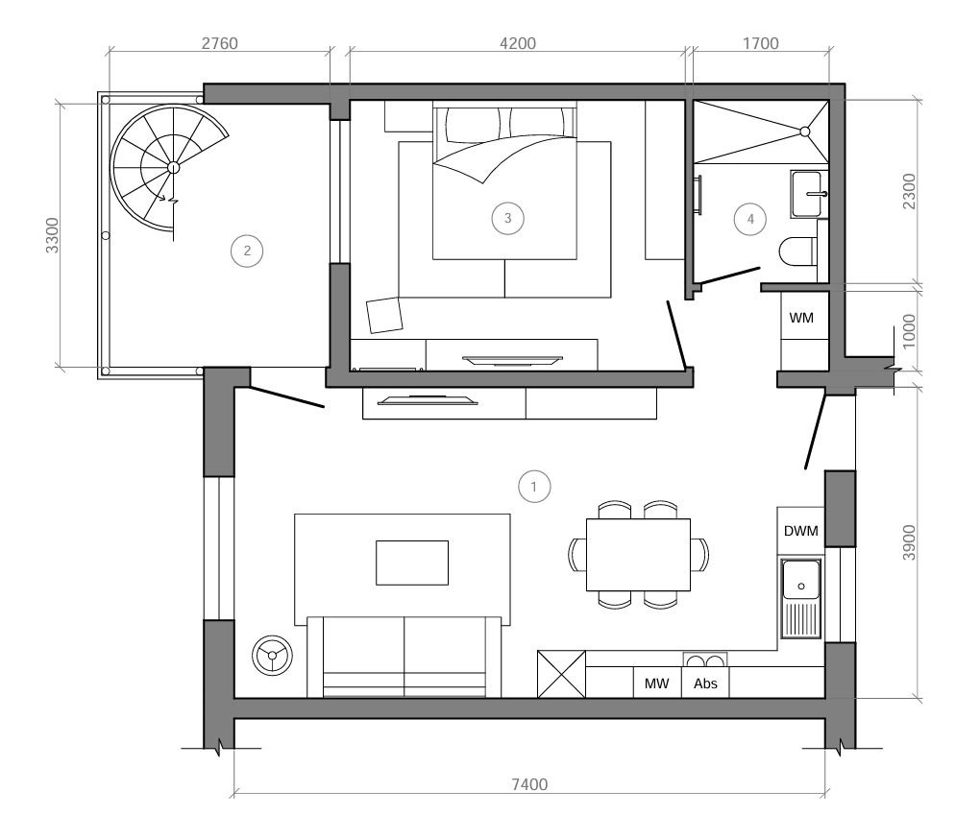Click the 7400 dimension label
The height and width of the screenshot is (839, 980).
tap(529, 784)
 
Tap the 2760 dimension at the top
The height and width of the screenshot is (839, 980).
tap(219, 43)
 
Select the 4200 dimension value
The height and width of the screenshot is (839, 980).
tap(518, 43)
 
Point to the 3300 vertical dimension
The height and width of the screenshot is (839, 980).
tap(53, 235)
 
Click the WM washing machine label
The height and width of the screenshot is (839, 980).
tap(801, 318)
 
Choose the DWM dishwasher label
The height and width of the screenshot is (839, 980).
tap(800, 531)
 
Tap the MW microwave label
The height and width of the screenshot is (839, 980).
tap(656, 683)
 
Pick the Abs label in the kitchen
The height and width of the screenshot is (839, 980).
tap(705, 683)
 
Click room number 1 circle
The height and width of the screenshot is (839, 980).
tap(534, 487)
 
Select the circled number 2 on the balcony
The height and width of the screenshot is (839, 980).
tap(247, 251)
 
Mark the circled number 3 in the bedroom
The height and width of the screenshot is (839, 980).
tap(507, 218)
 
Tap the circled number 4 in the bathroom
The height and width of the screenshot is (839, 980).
tap(750, 219)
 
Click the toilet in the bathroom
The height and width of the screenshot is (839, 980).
tap(798, 251)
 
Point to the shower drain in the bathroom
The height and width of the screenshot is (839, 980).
tap(805, 132)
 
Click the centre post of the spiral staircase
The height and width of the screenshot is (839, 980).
tap(173, 167)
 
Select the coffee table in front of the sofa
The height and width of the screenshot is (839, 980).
tap(412, 563)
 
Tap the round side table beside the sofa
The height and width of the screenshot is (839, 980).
tap(272, 655)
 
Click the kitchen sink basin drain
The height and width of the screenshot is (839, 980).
tap(801, 587)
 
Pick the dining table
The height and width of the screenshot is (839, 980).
tap(638, 554)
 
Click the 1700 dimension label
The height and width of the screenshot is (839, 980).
tap(761, 43)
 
